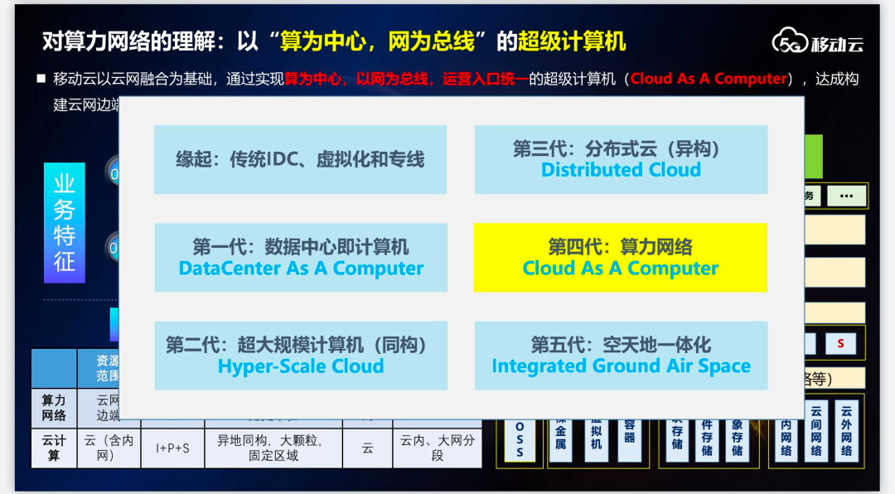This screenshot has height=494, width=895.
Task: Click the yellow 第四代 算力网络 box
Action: tap(620, 258)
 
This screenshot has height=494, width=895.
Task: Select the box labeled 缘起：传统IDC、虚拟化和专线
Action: tap(300, 160)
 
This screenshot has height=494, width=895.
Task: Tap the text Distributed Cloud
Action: tap(621, 170)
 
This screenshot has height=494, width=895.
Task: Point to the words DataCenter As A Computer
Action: tap(301, 269)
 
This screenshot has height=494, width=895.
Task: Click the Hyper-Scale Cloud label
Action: tap(301, 366)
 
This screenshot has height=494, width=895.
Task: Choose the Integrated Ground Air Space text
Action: tap(621, 366)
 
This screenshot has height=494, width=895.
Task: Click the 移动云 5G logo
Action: tap(817, 42)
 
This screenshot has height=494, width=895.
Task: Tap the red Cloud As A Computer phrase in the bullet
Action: tap(708, 79)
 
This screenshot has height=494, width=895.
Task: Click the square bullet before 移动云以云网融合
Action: tap(41, 79)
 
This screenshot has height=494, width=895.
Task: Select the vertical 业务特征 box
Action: tap(64, 222)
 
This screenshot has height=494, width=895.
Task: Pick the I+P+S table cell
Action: tap(172, 448)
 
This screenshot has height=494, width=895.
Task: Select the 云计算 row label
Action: tap(54, 448)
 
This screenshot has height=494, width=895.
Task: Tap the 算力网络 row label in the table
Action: tap(54, 408)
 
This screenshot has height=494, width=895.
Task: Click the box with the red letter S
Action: tap(840, 343)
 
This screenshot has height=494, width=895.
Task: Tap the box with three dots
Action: tap(846, 196)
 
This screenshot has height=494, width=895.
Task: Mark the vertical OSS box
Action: tap(520, 434)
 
